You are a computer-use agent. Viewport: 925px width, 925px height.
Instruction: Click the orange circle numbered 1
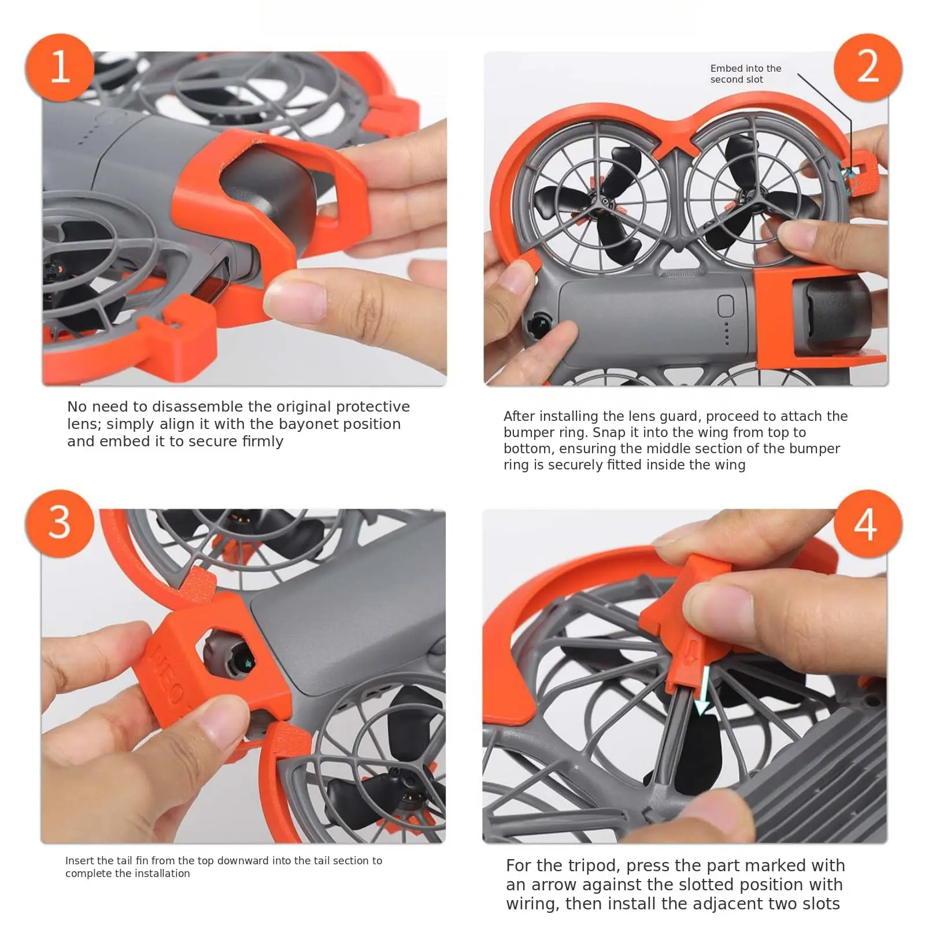[x=60, y=68]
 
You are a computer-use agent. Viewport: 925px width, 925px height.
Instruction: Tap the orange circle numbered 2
[x=868, y=68]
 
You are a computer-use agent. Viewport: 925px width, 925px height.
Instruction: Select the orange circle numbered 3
[x=60, y=523]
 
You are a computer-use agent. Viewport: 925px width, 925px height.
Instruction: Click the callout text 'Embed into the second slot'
[x=746, y=74]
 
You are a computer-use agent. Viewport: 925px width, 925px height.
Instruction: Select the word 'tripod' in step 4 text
[x=592, y=865]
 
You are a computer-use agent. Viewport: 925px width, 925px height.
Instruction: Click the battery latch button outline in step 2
[x=726, y=306]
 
